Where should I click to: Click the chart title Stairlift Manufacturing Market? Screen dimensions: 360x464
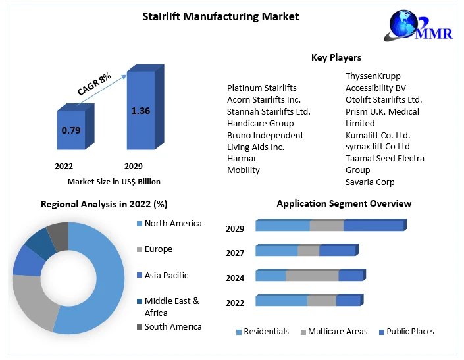(x=220, y=16)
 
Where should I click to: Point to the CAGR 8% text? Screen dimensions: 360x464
(x=94, y=84)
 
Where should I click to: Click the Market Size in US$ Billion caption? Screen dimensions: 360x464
(x=114, y=181)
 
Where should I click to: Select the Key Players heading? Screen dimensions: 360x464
(x=336, y=57)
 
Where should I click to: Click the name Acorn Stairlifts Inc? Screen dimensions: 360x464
(x=263, y=99)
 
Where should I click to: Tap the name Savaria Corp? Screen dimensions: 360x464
(x=370, y=182)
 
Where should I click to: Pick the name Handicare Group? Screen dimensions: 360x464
(x=260, y=123)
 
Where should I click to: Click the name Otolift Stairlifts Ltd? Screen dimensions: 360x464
(x=384, y=99)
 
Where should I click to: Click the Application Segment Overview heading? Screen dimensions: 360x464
(x=344, y=203)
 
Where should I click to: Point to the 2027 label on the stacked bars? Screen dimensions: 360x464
(x=235, y=253)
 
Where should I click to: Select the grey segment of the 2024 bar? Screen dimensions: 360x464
(x=312, y=276)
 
